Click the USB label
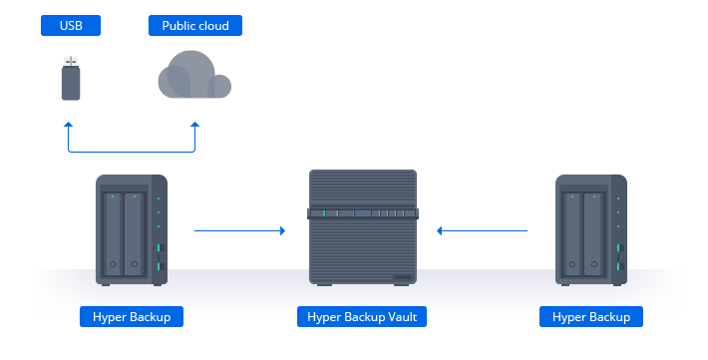71,26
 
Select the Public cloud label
194,26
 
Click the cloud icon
192,76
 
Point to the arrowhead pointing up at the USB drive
68,126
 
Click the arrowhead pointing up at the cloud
195,126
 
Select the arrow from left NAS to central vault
239,230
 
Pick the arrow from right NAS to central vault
482,230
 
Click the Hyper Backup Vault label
363,317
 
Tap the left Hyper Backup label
132,317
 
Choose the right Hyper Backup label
591,317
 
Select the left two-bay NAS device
131,229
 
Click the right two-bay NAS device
591,229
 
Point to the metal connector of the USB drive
71,62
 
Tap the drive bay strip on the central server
363,213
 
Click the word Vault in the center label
403,317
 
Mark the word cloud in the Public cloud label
212,26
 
